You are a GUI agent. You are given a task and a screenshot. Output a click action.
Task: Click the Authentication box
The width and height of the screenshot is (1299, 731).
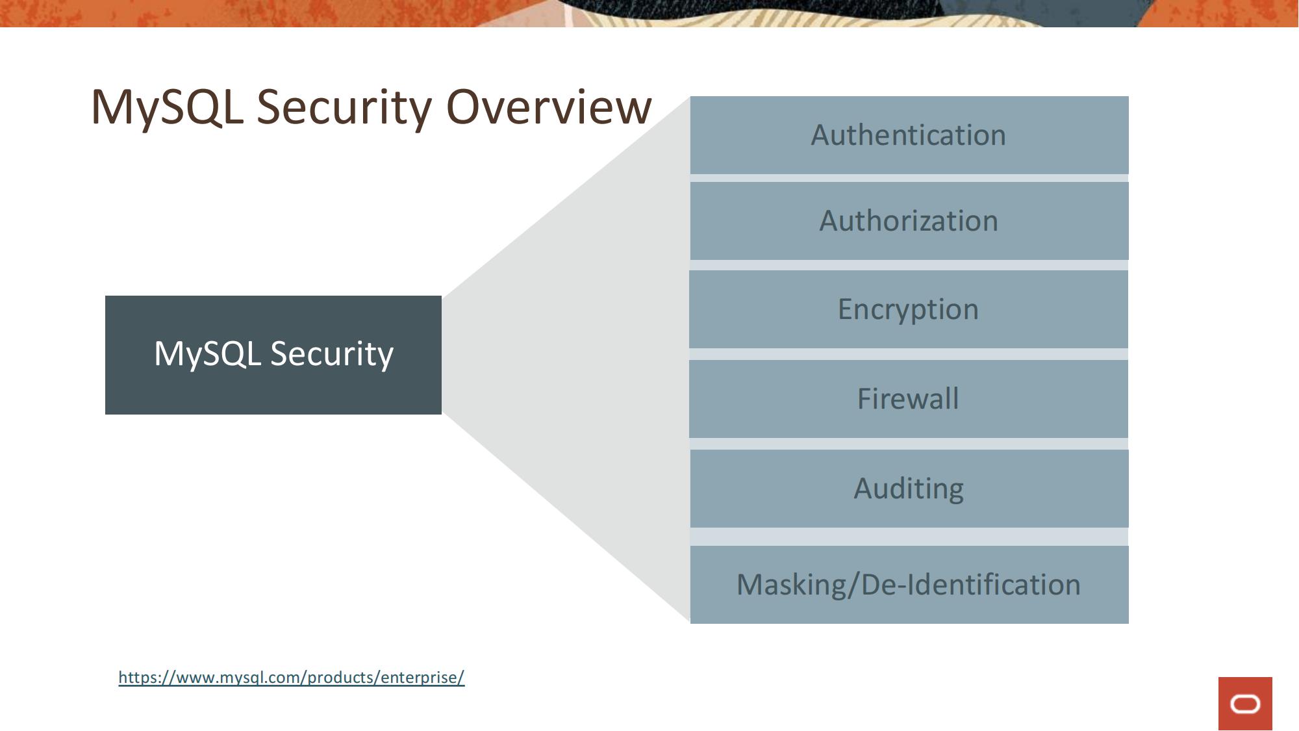click(x=909, y=135)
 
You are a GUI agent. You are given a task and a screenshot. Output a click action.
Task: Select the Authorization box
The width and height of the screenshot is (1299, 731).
click(x=909, y=221)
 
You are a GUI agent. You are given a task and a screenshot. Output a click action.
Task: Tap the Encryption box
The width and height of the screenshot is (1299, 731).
click(x=908, y=309)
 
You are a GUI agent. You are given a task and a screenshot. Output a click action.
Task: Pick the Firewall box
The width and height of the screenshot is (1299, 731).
click(x=908, y=399)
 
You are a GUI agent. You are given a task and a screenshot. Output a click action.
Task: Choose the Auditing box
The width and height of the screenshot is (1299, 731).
click(x=909, y=489)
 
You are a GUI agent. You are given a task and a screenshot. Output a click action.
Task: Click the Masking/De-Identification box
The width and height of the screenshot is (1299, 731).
click(x=909, y=585)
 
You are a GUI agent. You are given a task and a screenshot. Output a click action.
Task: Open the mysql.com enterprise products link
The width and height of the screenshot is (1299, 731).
click(x=291, y=677)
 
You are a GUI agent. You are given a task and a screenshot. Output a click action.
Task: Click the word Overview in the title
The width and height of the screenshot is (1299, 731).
click(x=549, y=107)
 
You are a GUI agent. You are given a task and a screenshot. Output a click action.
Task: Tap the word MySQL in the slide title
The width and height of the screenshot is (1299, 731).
click(x=167, y=107)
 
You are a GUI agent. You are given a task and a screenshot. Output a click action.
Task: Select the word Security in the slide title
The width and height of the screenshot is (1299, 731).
click(x=344, y=107)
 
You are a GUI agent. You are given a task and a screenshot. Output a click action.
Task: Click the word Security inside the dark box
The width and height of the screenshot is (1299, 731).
click(x=332, y=354)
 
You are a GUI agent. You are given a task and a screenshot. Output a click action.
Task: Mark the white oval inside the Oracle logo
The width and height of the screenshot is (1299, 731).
click(x=1245, y=704)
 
